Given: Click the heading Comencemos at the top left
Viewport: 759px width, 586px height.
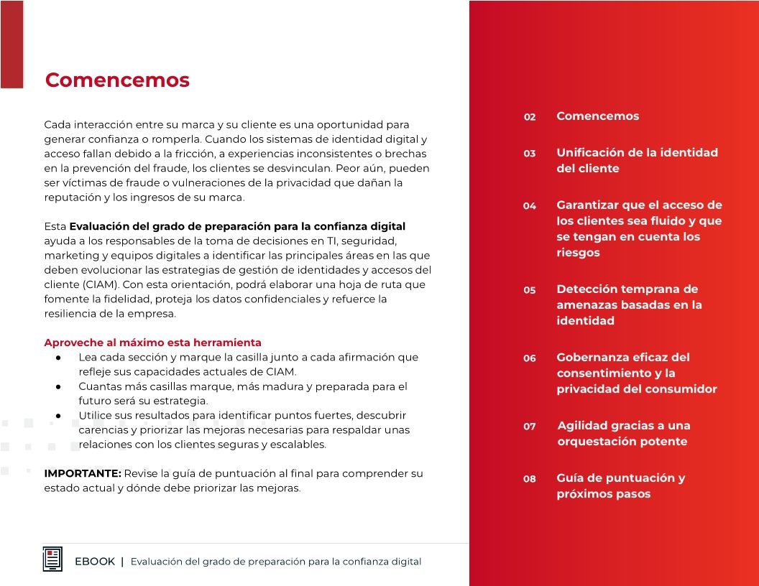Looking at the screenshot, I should coord(117,80).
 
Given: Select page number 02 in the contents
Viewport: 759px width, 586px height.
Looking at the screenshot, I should coord(530,117).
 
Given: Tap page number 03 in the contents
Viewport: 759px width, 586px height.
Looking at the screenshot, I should coord(530,154).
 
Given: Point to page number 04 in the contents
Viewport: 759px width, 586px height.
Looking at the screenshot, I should coord(530,206).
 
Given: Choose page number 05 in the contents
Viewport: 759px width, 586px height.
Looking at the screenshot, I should coord(530,290).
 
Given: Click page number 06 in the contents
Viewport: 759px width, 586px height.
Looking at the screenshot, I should coord(530,358).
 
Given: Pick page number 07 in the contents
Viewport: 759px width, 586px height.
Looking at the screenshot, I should coord(530,427).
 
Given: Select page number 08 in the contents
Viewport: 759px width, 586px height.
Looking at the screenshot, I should coord(530,479).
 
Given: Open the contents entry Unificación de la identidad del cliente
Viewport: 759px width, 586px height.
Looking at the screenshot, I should coord(637,160).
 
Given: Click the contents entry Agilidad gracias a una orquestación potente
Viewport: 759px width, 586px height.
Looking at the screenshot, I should coord(624,433).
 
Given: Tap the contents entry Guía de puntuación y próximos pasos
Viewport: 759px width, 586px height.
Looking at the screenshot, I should coord(620,485).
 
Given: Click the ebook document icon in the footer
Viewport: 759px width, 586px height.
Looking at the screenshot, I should coord(52,559).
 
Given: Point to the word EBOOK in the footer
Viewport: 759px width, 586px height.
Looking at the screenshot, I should coord(95,562).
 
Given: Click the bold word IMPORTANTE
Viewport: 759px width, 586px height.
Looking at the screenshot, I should coord(83,473).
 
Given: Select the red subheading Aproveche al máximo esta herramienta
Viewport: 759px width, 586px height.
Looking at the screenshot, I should coord(152,343).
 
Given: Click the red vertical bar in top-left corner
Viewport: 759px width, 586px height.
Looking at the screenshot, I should coord(11,43).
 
